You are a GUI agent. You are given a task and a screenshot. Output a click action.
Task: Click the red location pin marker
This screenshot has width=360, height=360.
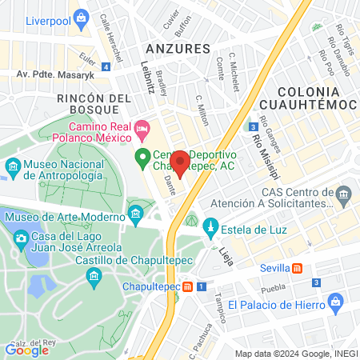[180, 162]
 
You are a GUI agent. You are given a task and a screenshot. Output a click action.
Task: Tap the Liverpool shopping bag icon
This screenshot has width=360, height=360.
[80, 17]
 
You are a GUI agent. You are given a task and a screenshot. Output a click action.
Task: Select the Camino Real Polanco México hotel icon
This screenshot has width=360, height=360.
[142, 127]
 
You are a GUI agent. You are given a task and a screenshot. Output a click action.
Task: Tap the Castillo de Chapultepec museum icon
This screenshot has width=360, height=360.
[94, 277]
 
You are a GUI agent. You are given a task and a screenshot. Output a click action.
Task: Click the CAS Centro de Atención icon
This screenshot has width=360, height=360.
[343, 194]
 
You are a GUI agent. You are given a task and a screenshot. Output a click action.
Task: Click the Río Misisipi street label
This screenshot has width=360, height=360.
[258, 148]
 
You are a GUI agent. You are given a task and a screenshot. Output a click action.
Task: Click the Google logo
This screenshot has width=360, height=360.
[26, 349]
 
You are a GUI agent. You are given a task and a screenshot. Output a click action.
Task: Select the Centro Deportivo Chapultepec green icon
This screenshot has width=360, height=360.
[142, 157]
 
